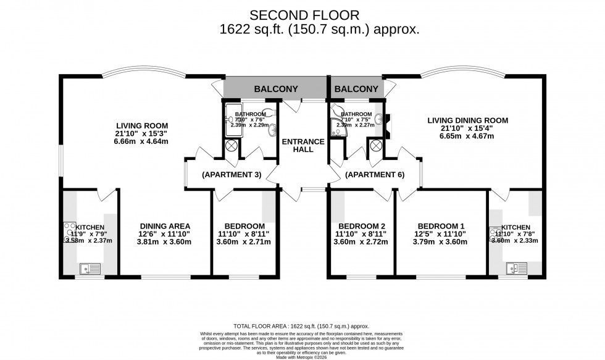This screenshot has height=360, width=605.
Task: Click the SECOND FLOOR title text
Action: (x=302, y=14)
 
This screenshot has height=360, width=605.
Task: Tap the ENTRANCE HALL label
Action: (x=302, y=146)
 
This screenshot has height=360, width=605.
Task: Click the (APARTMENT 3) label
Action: (x=232, y=175)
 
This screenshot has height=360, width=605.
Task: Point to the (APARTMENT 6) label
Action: (x=375, y=175)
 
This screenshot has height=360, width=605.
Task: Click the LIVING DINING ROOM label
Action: (x=467, y=120)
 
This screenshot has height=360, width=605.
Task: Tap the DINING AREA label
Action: (x=165, y=226)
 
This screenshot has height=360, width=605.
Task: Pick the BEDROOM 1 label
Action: (x=441, y=226)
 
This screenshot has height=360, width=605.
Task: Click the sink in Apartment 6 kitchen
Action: (x=514, y=268)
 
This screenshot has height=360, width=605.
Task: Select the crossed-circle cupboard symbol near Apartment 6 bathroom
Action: (x=375, y=146)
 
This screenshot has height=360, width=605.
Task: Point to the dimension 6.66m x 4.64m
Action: (x=141, y=141)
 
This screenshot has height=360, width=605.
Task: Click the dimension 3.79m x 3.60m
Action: (x=441, y=242)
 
